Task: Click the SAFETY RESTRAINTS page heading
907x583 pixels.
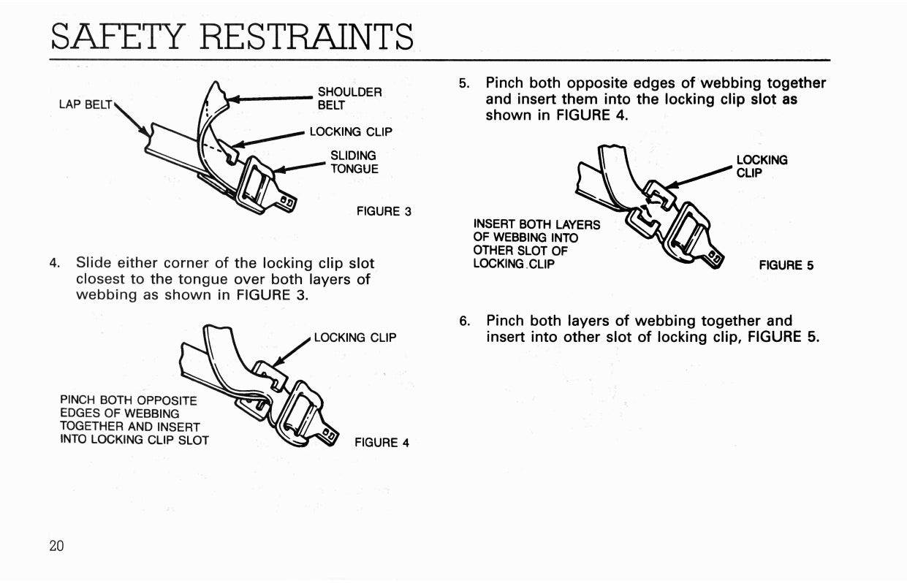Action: click(232, 37)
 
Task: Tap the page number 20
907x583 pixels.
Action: click(57, 546)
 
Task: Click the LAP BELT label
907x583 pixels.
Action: click(86, 104)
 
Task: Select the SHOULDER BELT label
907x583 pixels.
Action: click(349, 99)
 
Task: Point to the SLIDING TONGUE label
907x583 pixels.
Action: click(354, 162)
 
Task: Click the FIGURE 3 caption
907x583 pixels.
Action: click(384, 211)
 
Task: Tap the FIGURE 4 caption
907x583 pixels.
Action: click(382, 443)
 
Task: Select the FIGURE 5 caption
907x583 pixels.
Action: click(786, 265)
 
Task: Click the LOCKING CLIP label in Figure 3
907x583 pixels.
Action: click(351, 132)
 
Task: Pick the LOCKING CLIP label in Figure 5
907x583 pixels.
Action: click(762, 167)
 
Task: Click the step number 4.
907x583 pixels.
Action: click(54, 263)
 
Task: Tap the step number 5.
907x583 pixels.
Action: click(464, 83)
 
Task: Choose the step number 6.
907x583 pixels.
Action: click(464, 321)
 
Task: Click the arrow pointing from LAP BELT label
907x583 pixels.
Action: click(132, 120)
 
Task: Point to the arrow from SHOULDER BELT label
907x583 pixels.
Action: click(271, 99)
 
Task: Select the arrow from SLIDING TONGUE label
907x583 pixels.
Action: click(300, 167)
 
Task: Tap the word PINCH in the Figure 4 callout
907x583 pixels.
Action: click(77, 400)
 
